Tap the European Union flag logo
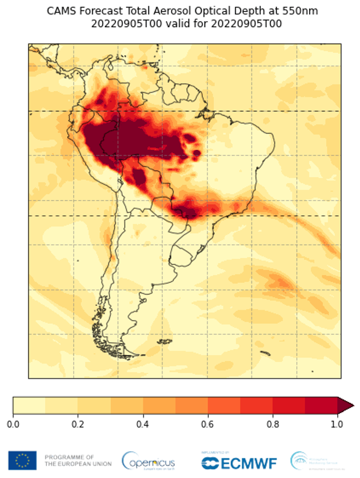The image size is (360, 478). pyautogui.click(x=22, y=461)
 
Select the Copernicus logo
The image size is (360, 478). pyautogui.click(x=148, y=461)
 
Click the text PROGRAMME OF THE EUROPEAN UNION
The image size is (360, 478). pyautogui.click(x=77, y=461)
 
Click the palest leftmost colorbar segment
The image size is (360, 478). pyautogui.click(x=29, y=406)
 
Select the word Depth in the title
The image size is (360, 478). pyautogui.click(x=250, y=11)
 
